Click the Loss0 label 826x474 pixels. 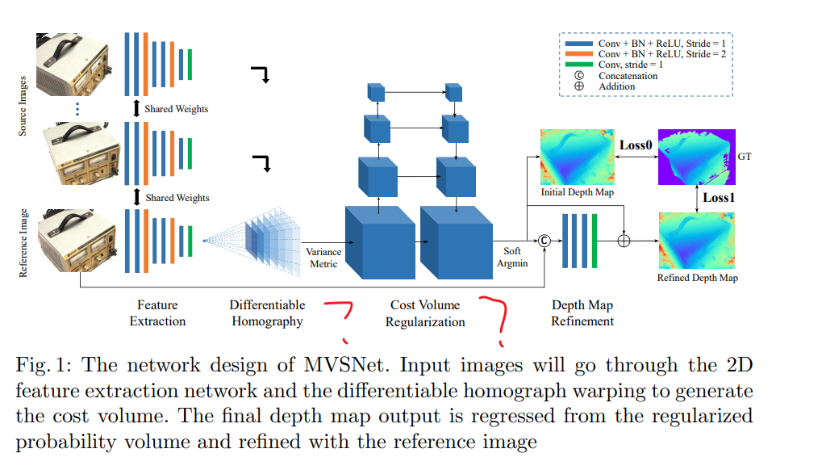(x=636, y=145)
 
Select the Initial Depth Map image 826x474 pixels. (x=577, y=156)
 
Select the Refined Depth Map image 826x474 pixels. (x=697, y=241)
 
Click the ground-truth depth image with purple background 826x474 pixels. (x=693, y=156)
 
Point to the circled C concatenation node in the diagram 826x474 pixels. (x=544, y=240)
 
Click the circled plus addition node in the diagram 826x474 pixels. (x=624, y=240)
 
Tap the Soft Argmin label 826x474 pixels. (x=512, y=257)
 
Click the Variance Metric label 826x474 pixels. (x=323, y=257)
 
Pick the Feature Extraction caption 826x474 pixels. (x=157, y=313)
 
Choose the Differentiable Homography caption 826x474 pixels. (x=267, y=313)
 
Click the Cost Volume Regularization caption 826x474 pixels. (x=425, y=313)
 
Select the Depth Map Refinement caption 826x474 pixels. (x=582, y=313)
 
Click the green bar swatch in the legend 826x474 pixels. (x=579, y=65)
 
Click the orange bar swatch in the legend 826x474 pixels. (x=579, y=53)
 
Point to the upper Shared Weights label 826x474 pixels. (x=176, y=109)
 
